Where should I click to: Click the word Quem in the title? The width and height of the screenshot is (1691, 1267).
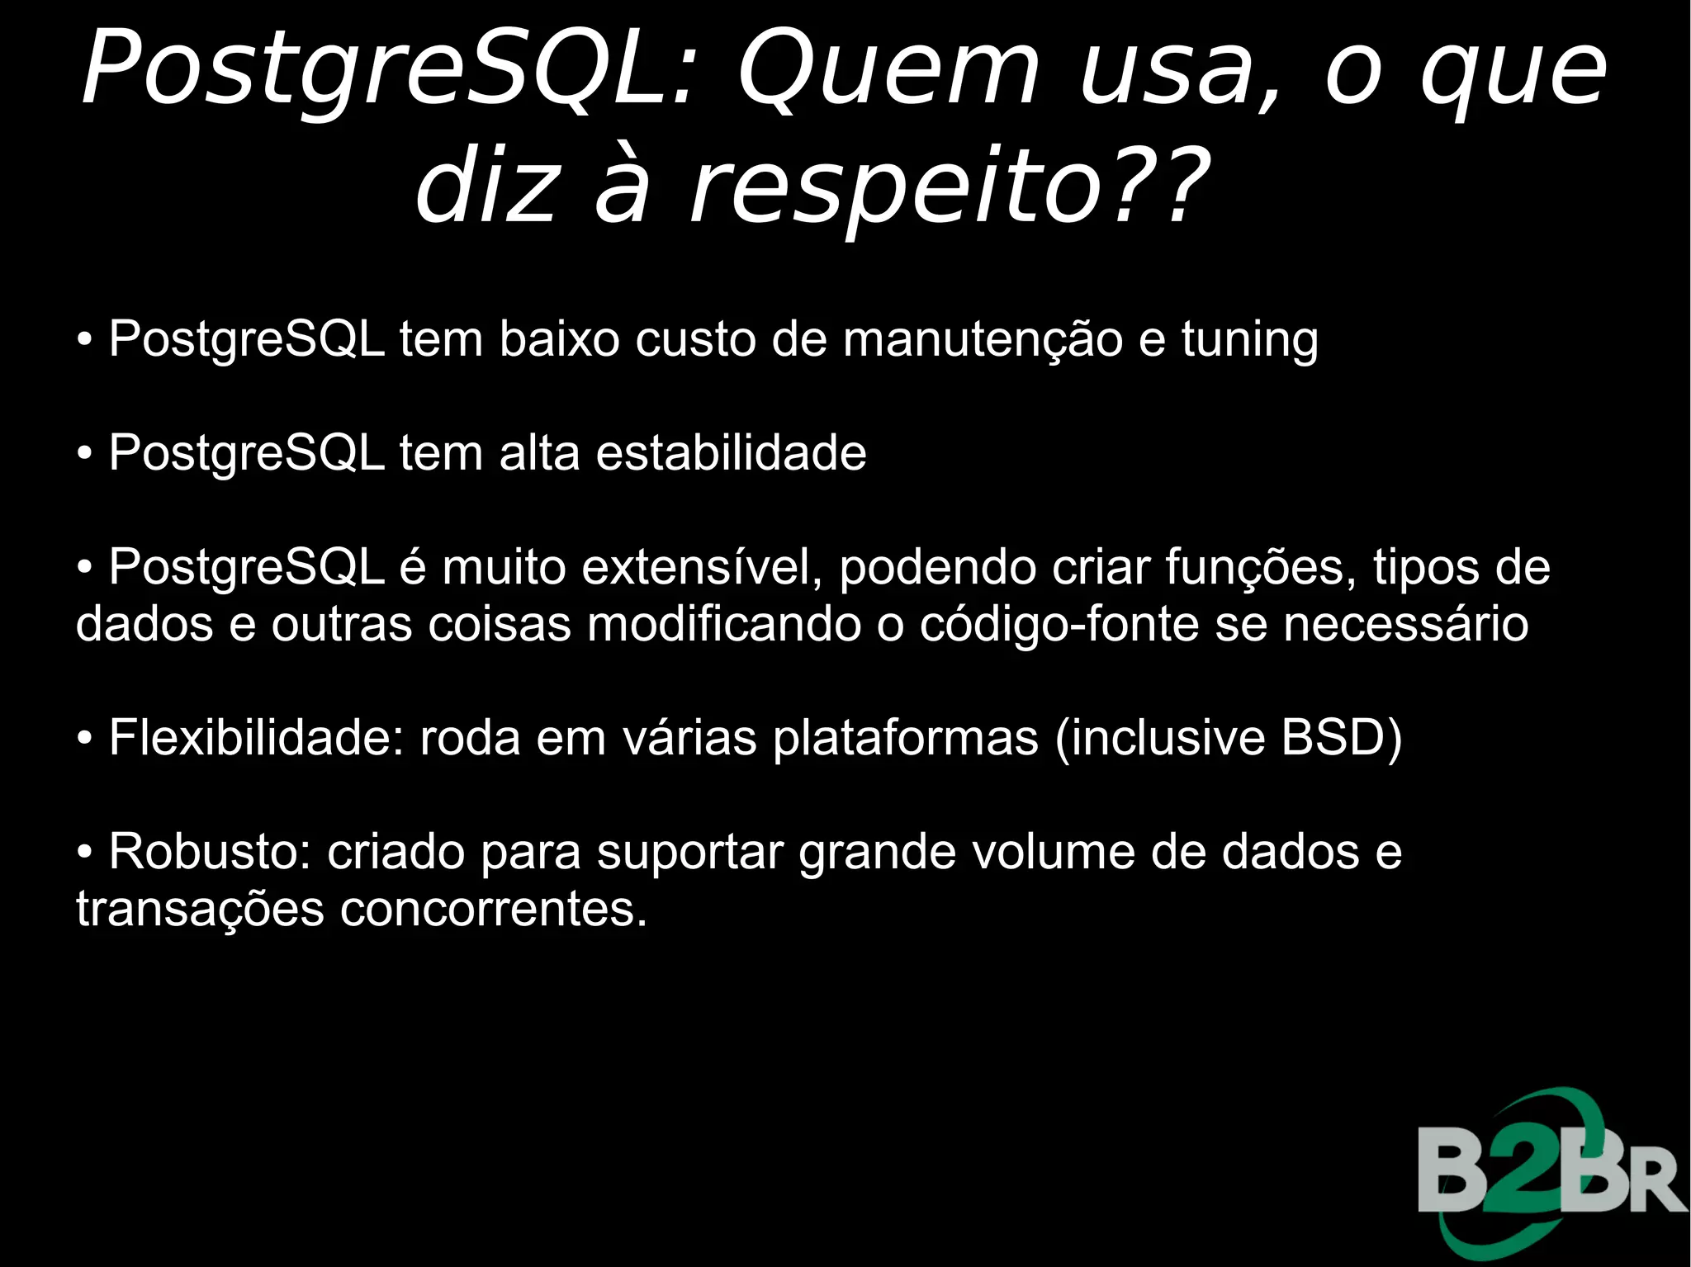click(888, 70)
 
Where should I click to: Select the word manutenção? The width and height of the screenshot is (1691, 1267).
click(983, 340)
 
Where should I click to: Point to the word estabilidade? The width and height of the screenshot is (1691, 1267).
click(731, 453)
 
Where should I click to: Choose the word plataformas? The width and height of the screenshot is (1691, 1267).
click(905, 739)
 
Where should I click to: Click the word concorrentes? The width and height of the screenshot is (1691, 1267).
click(493, 910)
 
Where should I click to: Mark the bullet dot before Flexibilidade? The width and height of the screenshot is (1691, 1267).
click(84, 740)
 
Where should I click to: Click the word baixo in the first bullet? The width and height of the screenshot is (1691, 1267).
click(559, 340)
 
